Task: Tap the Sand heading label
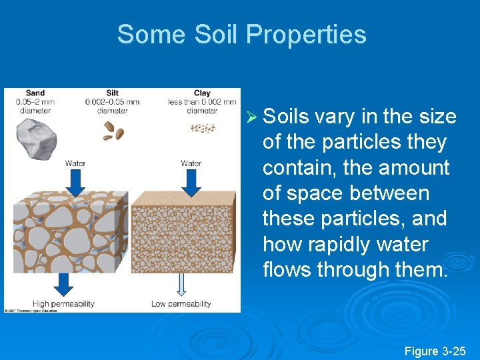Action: (35, 93)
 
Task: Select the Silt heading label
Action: (113, 93)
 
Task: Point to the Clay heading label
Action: (202, 93)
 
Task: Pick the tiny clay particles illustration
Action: (202, 128)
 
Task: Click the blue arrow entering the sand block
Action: (76, 181)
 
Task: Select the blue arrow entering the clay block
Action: (191, 181)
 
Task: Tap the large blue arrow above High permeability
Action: (64, 283)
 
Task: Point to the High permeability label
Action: (63, 304)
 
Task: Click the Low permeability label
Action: (181, 304)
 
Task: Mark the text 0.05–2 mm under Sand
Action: (35, 102)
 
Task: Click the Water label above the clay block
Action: (191, 163)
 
